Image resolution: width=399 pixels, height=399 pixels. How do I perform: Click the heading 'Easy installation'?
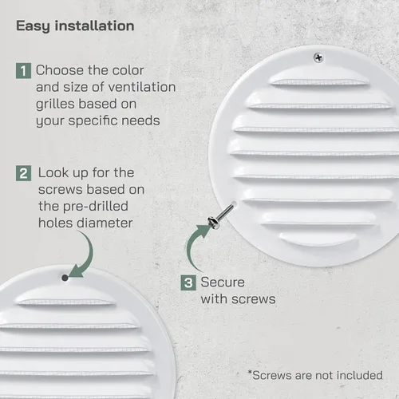point(75,26)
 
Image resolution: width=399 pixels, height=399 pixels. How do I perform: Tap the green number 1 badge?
point(23,71)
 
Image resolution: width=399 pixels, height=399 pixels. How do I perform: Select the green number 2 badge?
point(23,173)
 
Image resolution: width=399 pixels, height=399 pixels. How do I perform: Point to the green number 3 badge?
point(188,282)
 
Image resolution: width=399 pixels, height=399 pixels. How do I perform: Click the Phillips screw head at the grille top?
point(318,57)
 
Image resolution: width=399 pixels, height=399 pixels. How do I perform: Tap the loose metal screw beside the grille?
point(222,215)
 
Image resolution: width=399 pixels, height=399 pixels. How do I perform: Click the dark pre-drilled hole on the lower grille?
point(65,278)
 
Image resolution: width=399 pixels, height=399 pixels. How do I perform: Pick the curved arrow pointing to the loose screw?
point(189,246)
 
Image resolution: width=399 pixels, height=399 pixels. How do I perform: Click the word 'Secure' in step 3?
point(223,282)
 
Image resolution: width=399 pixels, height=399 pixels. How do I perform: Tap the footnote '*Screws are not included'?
point(315,375)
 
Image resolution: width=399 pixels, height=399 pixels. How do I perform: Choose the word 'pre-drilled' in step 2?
point(96,207)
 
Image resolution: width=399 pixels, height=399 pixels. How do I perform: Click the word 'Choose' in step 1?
point(60,70)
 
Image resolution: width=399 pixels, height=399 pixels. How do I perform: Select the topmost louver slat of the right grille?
point(319,77)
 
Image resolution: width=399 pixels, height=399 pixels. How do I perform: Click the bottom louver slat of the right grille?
point(318,238)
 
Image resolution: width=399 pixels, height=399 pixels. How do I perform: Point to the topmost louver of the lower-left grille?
point(65,297)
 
